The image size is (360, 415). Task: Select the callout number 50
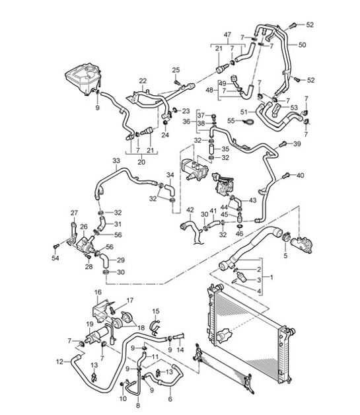pyautogui.click(x=303, y=46)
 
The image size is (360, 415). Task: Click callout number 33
pyautogui.click(x=116, y=161)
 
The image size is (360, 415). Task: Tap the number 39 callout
pyautogui.click(x=297, y=143)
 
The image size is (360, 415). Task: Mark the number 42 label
pyautogui.click(x=189, y=211)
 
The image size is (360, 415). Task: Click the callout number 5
pyautogui.click(x=285, y=254)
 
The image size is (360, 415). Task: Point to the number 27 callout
pyautogui.click(x=74, y=213)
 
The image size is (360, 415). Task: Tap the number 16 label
pyautogui.click(x=97, y=292)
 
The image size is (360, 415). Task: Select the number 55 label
pyautogui.click(x=231, y=121)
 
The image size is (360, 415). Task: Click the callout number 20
pyautogui.click(x=141, y=162)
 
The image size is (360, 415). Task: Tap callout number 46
pyautogui.click(x=239, y=234)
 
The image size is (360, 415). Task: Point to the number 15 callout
pyautogui.click(x=157, y=311)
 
